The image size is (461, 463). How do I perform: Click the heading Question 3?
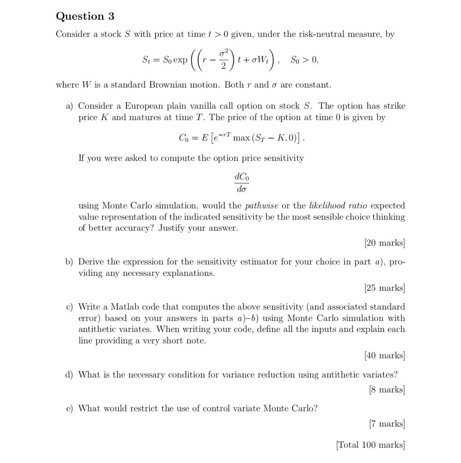coord(85,16)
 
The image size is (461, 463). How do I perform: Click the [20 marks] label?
coord(384,243)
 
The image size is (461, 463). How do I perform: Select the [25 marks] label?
coord(384,288)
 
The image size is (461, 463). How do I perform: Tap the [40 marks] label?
coord(384,355)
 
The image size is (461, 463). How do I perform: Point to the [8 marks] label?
coord(386,390)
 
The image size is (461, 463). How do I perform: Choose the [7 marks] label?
coord(386,424)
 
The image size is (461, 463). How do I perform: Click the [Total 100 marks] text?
coord(370,445)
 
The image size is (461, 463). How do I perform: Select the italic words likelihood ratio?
coord(338,206)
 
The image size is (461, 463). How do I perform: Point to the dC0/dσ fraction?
coord(241,182)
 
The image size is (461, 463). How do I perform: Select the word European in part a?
coord(143,106)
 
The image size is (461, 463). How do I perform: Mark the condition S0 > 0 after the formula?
coord(304,60)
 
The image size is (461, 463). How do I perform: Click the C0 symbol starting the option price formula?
coord(184,138)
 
